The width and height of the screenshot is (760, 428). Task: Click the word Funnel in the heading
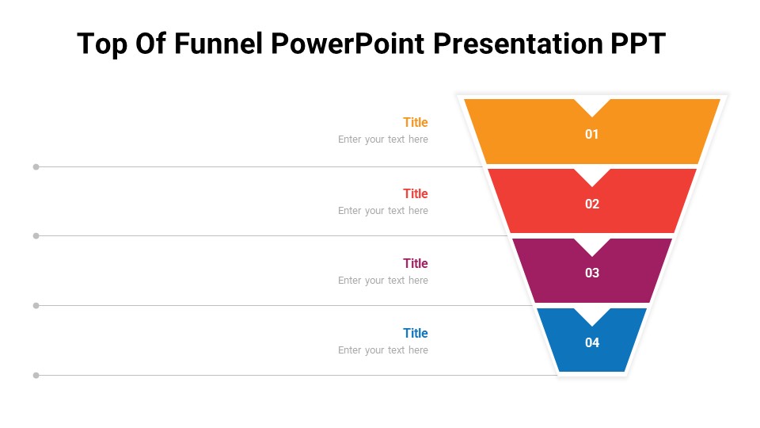pyautogui.click(x=218, y=44)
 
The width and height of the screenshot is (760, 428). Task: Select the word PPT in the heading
pyautogui.click(x=637, y=44)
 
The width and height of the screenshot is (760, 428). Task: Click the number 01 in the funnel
pyautogui.click(x=592, y=135)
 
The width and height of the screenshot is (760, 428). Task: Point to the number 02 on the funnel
pyautogui.click(x=592, y=204)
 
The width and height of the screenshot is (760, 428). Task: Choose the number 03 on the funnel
pyautogui.click(x=592, y=273)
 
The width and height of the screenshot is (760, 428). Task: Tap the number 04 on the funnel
pyautogui.click(x=592, y=343)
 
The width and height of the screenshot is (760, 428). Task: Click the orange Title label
pyautogui.click(x=415, y=122)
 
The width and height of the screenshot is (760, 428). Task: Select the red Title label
pyautogui.click(x=415, y=193)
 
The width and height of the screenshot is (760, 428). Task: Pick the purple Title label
pyautogui.click(x=415, y=263)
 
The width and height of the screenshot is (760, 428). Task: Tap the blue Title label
pyautogui.click(x=415, y=333)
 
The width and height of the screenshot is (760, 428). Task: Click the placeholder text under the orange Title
pyautogui.click(x=382, y=139)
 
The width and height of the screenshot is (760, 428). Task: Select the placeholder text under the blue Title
pyautogui.click(x=382, y=350)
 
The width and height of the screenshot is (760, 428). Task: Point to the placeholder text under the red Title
pyautogui.click(x=382, y=211)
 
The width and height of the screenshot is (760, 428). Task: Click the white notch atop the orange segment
pyautogui.click(x=592, y=105)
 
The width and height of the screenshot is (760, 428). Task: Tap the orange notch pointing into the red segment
pyautogui.click(x=592, y=175)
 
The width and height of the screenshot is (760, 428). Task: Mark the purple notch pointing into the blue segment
pyautogui.click(x=592, y=315)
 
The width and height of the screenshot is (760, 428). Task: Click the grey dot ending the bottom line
pyautogui.click(x=36, y=375)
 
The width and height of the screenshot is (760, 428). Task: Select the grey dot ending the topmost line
pyautogui.click(x=36, y=166)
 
